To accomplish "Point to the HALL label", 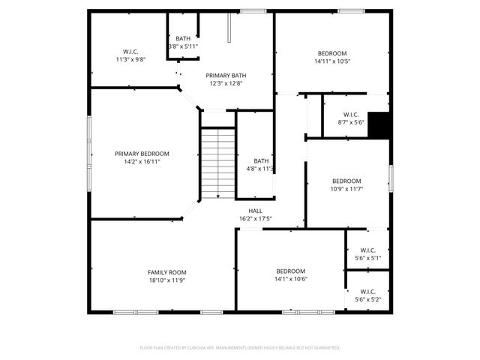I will click(x=255, y=211).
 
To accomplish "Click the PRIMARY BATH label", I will click(x=226, y=75).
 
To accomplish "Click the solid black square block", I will click(x=380, y=125).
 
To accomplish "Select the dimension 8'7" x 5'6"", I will click(x=351, y=122).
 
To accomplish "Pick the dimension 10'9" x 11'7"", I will click(x=346, y=189).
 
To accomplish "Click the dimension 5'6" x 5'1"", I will click(x=367, y=259).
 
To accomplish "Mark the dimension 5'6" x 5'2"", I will click(x=367, y=300).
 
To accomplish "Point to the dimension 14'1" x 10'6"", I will click(x=290, y=279).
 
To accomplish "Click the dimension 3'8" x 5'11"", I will click(x=183, y=46).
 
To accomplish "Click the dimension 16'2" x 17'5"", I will click(x=255, y=219).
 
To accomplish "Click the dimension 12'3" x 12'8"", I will click(x=226, y=83).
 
